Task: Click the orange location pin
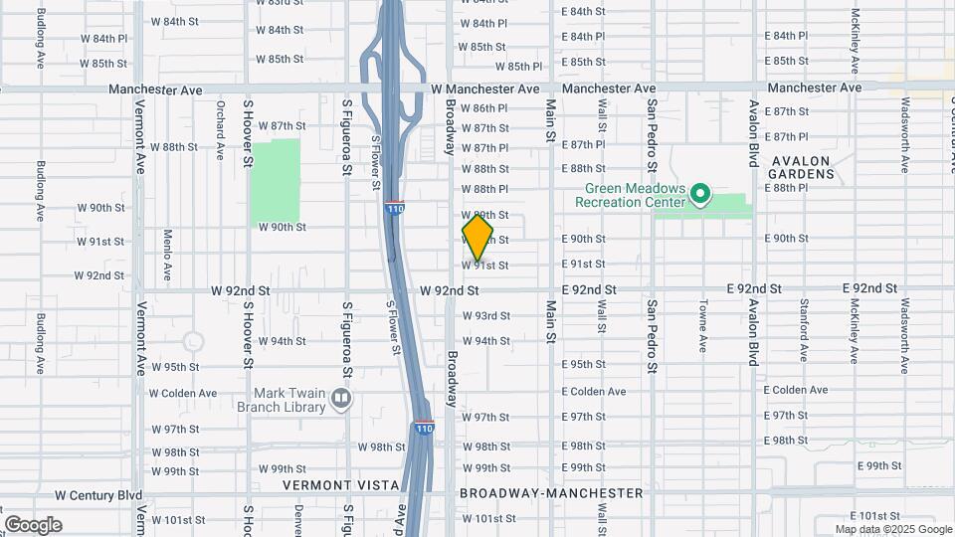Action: point(477,238)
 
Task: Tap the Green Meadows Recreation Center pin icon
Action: point(699,193)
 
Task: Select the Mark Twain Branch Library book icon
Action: point(341,400)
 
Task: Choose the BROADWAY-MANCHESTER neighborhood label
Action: point(551,493)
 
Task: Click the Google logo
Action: point(33,525)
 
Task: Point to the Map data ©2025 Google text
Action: point(893,529)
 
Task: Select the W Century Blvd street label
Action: point(98,494)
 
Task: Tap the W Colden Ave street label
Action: point(183,393)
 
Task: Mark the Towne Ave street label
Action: point(703,325)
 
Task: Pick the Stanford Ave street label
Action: point(803,325)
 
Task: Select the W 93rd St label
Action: point(485,316)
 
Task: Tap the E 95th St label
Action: point(583,365)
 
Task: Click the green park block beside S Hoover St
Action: point(275,181)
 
